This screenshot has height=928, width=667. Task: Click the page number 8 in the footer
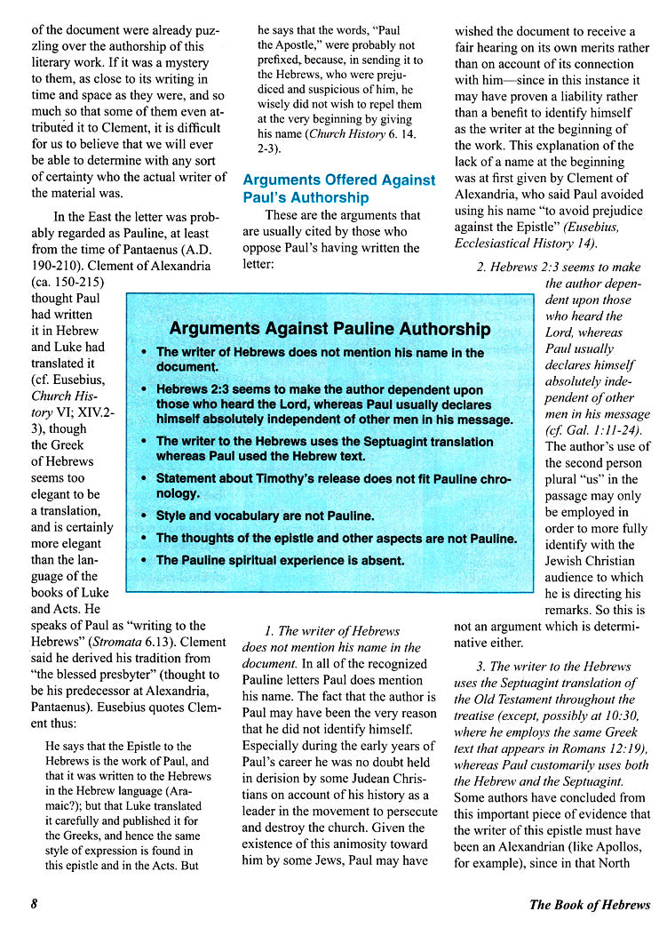click(34, 905)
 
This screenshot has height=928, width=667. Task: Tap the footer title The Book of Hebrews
click(589, 905)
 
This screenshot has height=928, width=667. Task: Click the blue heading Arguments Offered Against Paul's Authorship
click(338, 188)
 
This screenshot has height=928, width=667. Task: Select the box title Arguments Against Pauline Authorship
click(330, 329)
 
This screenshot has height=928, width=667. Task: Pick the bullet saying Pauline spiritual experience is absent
click(280, 560)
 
